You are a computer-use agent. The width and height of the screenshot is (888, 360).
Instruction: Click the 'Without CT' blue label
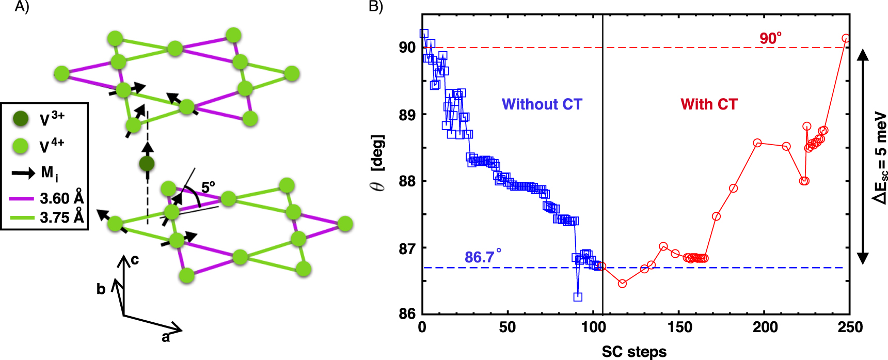(x=542, y=104)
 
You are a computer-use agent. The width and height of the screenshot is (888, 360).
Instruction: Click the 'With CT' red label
(x=709, y=104)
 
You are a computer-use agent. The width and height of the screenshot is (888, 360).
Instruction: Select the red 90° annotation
(x=770, y=39)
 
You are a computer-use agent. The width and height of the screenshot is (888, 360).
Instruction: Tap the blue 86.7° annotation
(x=483, y=257)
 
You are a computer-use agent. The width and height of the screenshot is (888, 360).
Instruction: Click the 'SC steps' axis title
(x=634, y=352)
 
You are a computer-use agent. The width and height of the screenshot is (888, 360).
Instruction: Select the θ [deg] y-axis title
(x=378, y=163)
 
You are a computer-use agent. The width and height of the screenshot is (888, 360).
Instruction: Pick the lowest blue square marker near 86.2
(x=578, y=296)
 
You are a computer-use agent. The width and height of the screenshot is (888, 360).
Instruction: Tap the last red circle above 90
(x=846, y=38)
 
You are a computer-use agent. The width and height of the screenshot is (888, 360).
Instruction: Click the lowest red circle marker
(x=622, y=284)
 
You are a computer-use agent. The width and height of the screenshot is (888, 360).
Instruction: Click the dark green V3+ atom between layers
(x=147, y=164)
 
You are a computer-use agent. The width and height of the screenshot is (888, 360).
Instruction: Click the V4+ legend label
(x=52, y=146)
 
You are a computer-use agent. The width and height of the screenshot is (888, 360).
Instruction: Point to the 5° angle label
(x=208, y=187)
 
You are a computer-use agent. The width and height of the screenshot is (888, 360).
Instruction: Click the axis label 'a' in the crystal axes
(x=166, y=337)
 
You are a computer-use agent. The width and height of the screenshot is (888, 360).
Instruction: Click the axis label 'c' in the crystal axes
(x=135, y=259)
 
